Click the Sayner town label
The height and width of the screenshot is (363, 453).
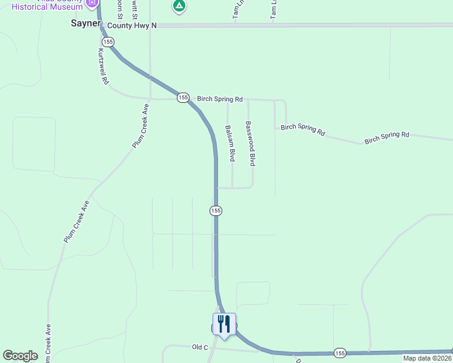click(85, 24)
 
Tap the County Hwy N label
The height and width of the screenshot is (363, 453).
click(132, 25)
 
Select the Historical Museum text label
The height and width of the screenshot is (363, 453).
click(47, 6)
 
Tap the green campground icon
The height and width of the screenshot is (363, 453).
click(179, 7)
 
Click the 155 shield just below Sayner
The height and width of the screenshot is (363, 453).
click(108, 42)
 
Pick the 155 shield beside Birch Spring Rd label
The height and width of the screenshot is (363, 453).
click(183, 97)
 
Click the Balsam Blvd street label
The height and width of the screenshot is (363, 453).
click(230, 143)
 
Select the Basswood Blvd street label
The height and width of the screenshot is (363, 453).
click(250, 143)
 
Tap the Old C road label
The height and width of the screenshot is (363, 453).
click(200, 347)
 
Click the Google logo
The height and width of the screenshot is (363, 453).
click(21, 356)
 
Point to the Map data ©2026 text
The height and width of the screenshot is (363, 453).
click(427, 358)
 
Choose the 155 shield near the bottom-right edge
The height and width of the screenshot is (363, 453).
click(340, 353)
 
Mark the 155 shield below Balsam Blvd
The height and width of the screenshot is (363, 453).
click(216, 210)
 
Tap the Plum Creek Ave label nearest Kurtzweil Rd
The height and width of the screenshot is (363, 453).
click(141, 126)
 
